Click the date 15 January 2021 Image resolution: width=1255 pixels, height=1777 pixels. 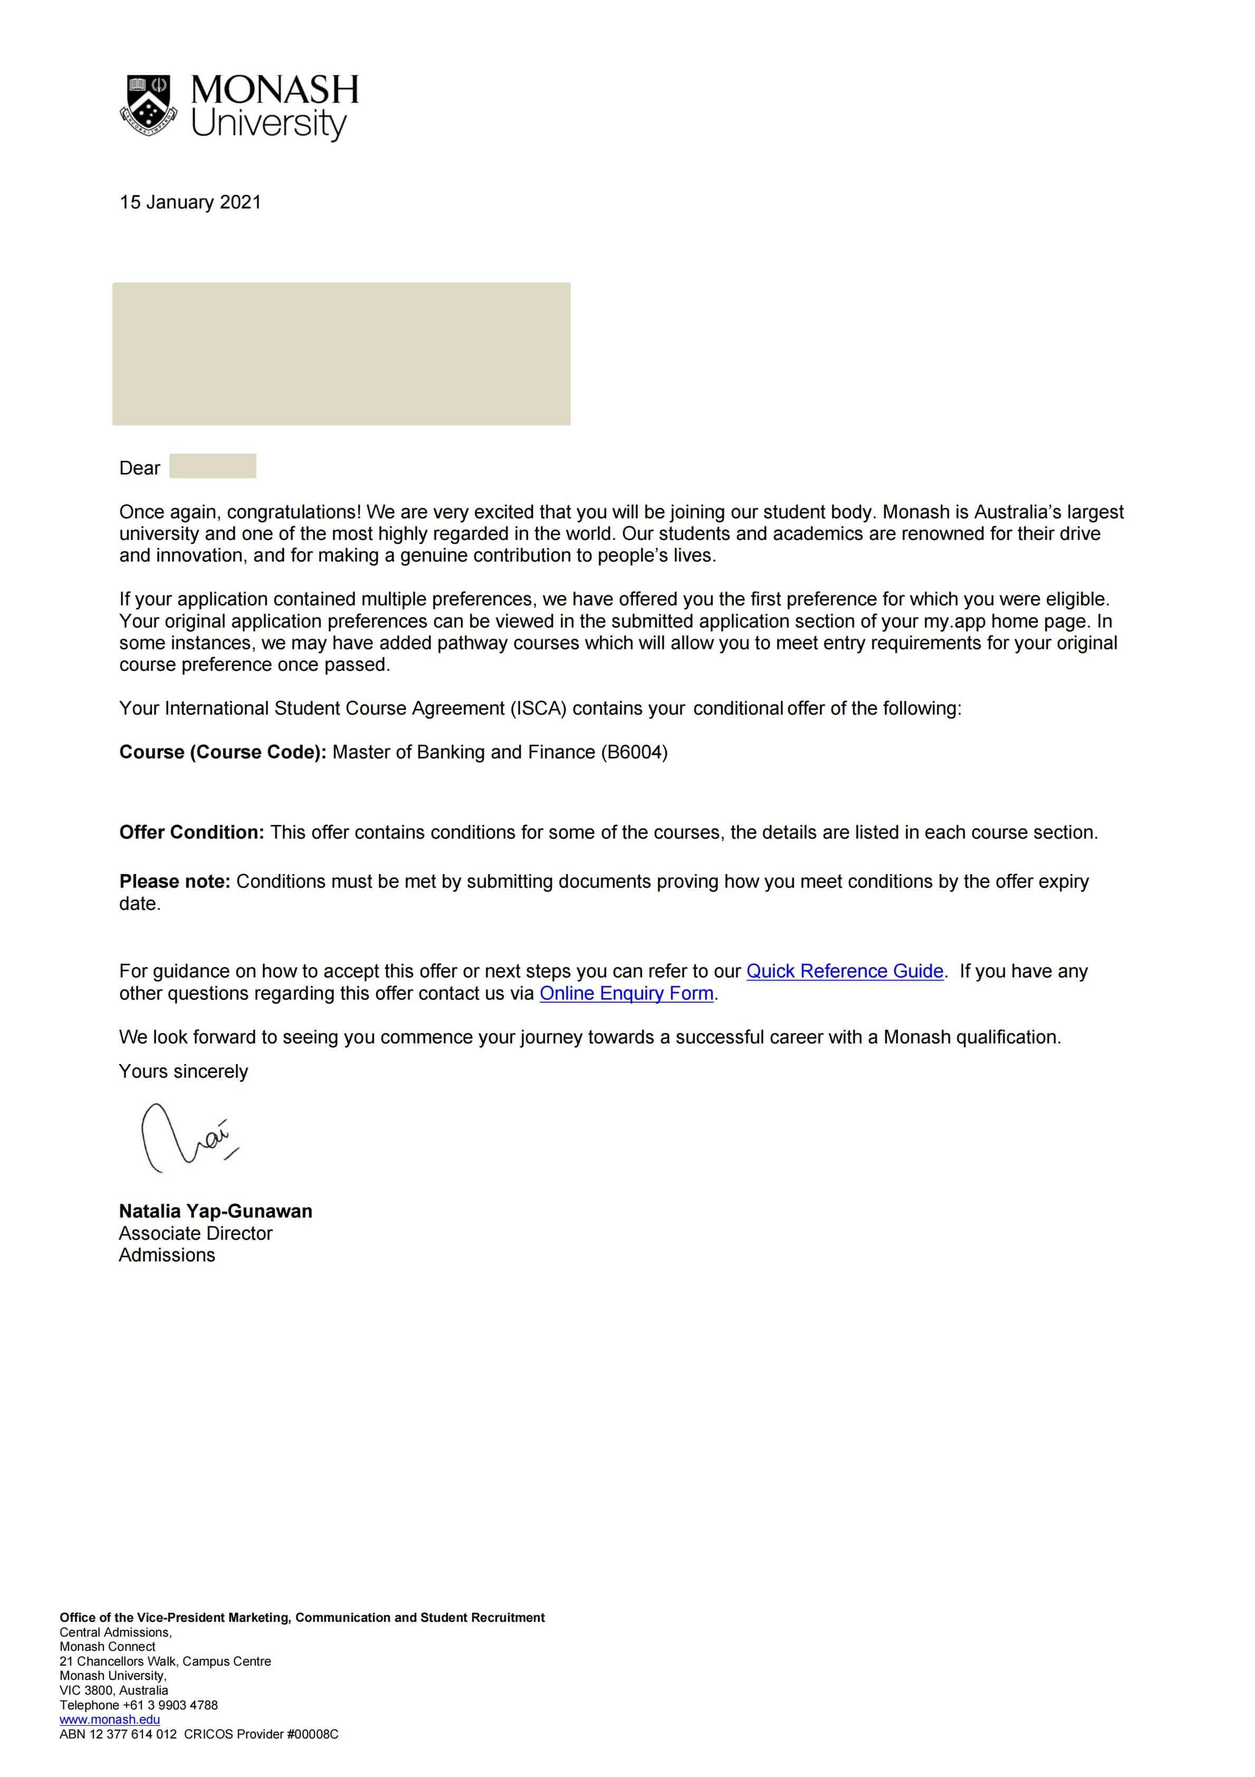point(190,202)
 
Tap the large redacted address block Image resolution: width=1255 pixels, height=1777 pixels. point(341,354)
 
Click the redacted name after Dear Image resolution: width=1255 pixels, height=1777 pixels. point(213,466)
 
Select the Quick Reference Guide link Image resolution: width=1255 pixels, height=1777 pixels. point(844,971)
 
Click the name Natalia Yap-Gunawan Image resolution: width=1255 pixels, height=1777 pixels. point(215,1211)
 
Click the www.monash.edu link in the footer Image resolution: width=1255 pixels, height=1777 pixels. point(110,1719)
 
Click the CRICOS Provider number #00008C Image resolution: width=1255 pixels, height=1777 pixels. point(313,1734)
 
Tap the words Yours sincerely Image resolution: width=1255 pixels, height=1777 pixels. point(184,1071)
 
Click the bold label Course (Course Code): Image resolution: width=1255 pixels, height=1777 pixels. point(223,752)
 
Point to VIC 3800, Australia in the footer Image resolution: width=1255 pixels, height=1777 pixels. point(114,1690)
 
